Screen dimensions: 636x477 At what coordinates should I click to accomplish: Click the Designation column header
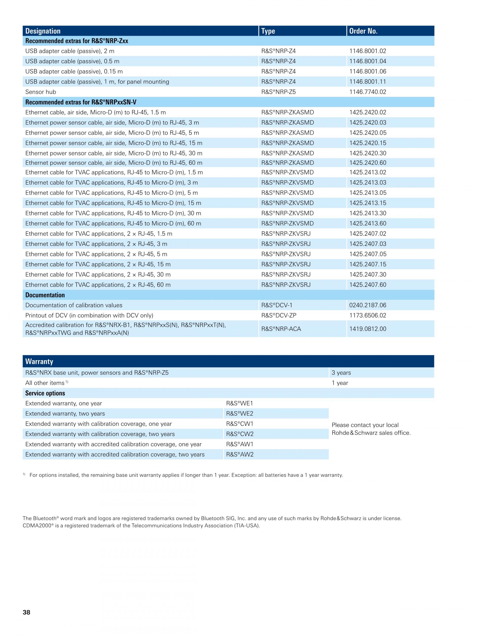pyautogui.click(x=43, y=31)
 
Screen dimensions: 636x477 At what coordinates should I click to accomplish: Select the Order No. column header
pyautogui.click(x=363, y=31)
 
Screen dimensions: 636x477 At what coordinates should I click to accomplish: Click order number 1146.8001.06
pyautogui.click(x=368, y=71)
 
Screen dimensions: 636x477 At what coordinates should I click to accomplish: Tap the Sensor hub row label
pyautogui.click(x=40, y=92)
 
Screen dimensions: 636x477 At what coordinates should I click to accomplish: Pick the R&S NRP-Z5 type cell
pyautogui.click(x=278, y=92)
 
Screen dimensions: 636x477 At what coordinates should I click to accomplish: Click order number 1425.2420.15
pyautogui.click(x=368, y=143)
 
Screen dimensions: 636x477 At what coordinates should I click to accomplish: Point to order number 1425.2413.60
pyautogui.click(x=368, y=223)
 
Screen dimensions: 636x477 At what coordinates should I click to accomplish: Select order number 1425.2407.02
pyautogui.click(x=368, y=234)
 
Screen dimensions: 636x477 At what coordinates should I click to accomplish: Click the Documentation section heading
pyautogui.click(x=45, y=295)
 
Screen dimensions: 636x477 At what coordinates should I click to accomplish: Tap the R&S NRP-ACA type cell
pyautogui.click(x=281, y=329)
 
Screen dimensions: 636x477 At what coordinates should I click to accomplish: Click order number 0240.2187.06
pyautogui.click(x=368, y=305)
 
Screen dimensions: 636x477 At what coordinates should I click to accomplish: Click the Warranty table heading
pyautogui.click(x=39, y=361)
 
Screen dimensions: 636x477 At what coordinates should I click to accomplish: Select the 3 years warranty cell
pyautogui.click(x=341, y=373)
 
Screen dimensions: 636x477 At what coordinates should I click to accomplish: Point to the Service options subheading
pyautogui.click(x=45, y=393)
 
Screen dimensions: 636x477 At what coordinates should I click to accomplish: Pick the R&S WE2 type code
pyautogui.click(x=239, y=414)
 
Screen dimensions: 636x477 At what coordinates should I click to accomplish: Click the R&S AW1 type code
pyautogui.click(x=239, y=444)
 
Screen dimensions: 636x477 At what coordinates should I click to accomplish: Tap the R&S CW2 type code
pyautogui.click(x=239, y=434)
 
